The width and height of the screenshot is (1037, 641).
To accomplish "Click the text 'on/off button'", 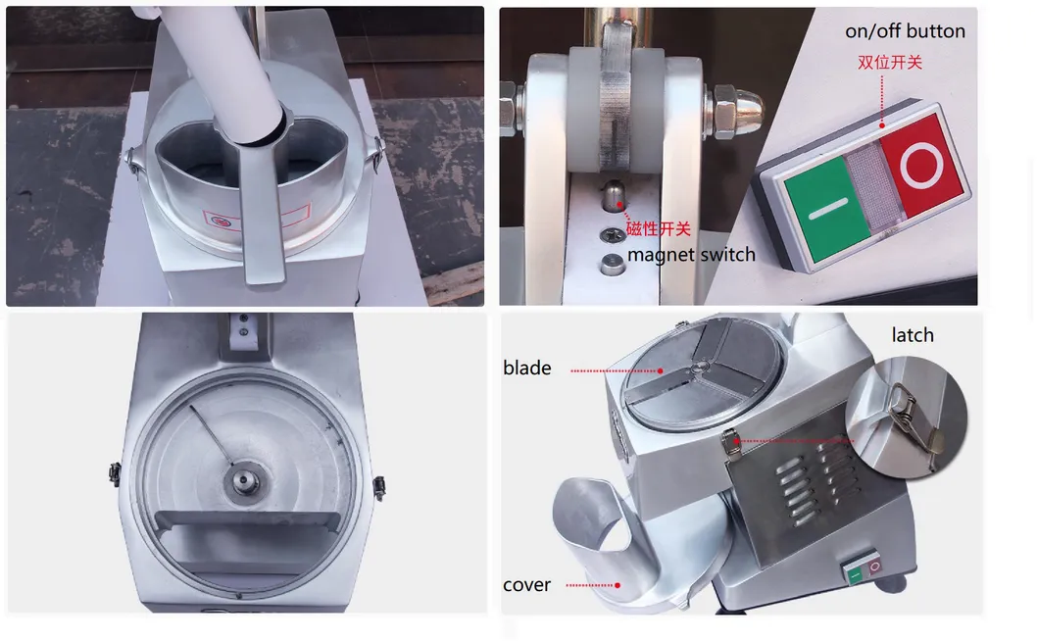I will click(905, 31).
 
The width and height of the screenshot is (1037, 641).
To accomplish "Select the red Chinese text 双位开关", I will click(890, 63).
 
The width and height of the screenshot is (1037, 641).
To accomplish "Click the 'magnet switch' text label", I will click(691, 255).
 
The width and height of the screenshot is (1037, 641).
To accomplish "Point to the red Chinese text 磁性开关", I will click(659, 230).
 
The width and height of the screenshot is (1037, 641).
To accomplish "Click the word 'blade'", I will click(527, 369).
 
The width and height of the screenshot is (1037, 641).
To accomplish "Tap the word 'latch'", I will click(912, 335).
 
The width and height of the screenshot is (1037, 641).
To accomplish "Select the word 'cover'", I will click(526, 585).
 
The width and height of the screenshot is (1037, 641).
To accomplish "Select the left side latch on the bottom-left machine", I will click(115, 473).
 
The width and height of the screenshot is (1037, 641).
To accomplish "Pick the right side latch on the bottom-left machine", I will click(379, 486).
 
